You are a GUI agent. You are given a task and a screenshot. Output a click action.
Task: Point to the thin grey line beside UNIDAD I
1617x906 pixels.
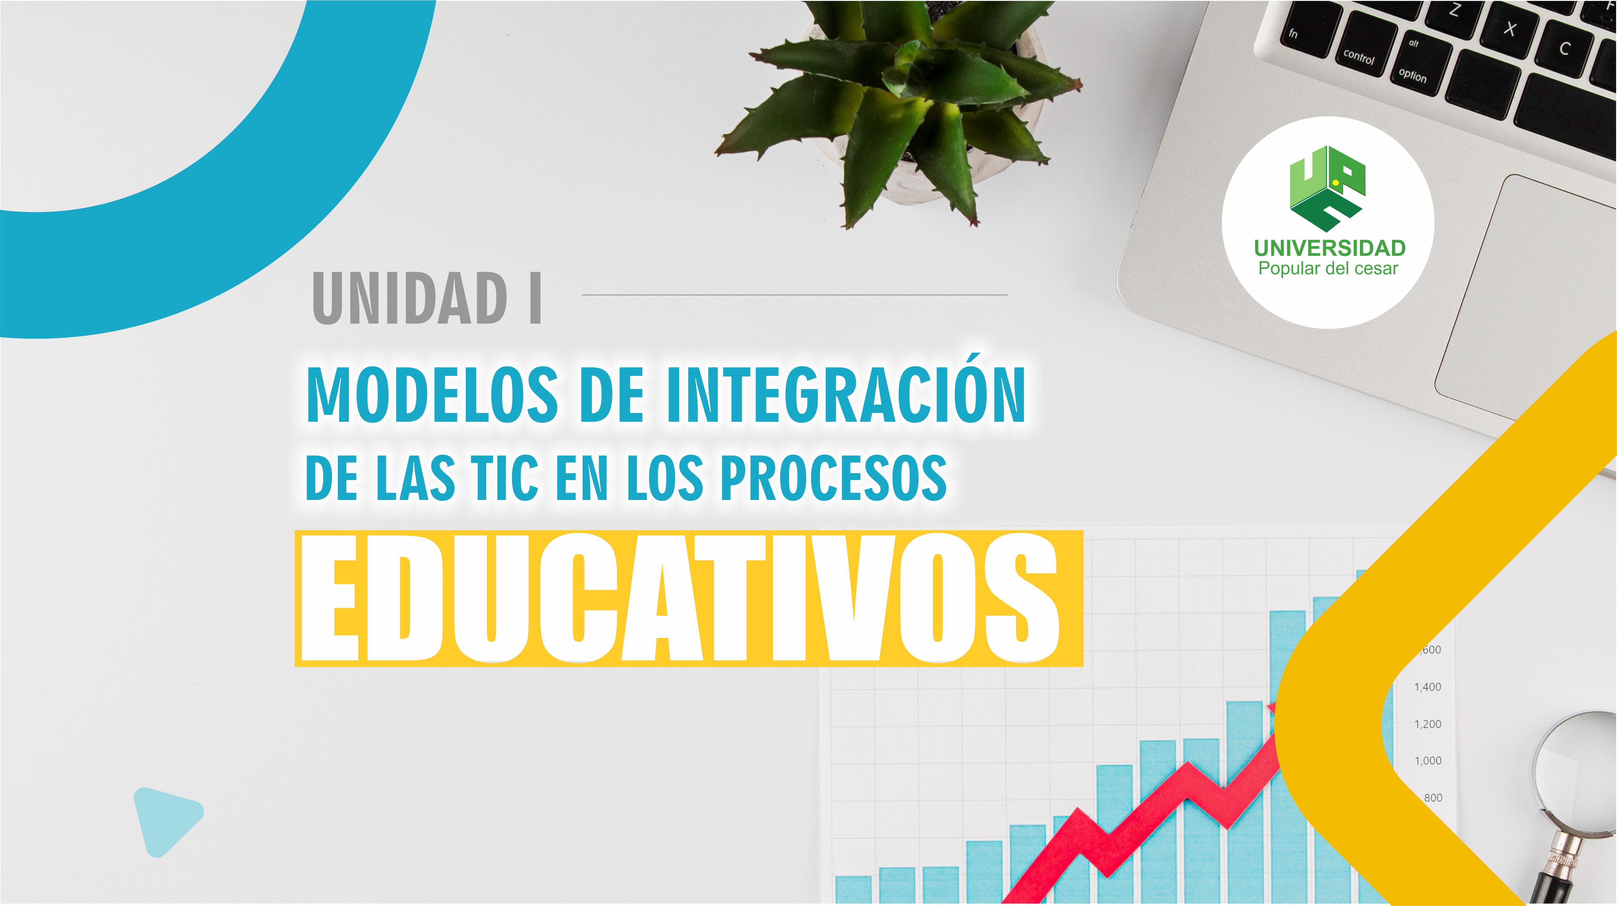click(x=795, y=294)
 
